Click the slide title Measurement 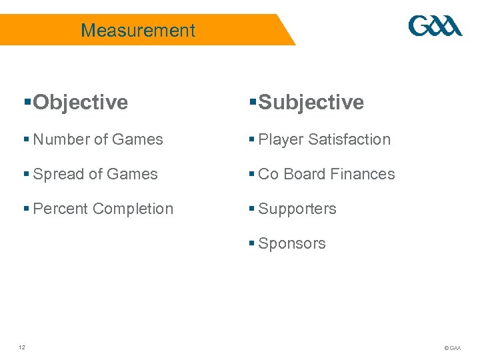point(138,30)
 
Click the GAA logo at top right point(435,27)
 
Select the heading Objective point(80,102)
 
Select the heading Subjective point(311,102)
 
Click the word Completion point(133,209)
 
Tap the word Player point(281,139)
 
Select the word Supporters point(297,209)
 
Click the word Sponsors point(292,243)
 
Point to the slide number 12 point(22,347)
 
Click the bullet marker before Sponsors point(251,243)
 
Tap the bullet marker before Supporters point(251,208)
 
